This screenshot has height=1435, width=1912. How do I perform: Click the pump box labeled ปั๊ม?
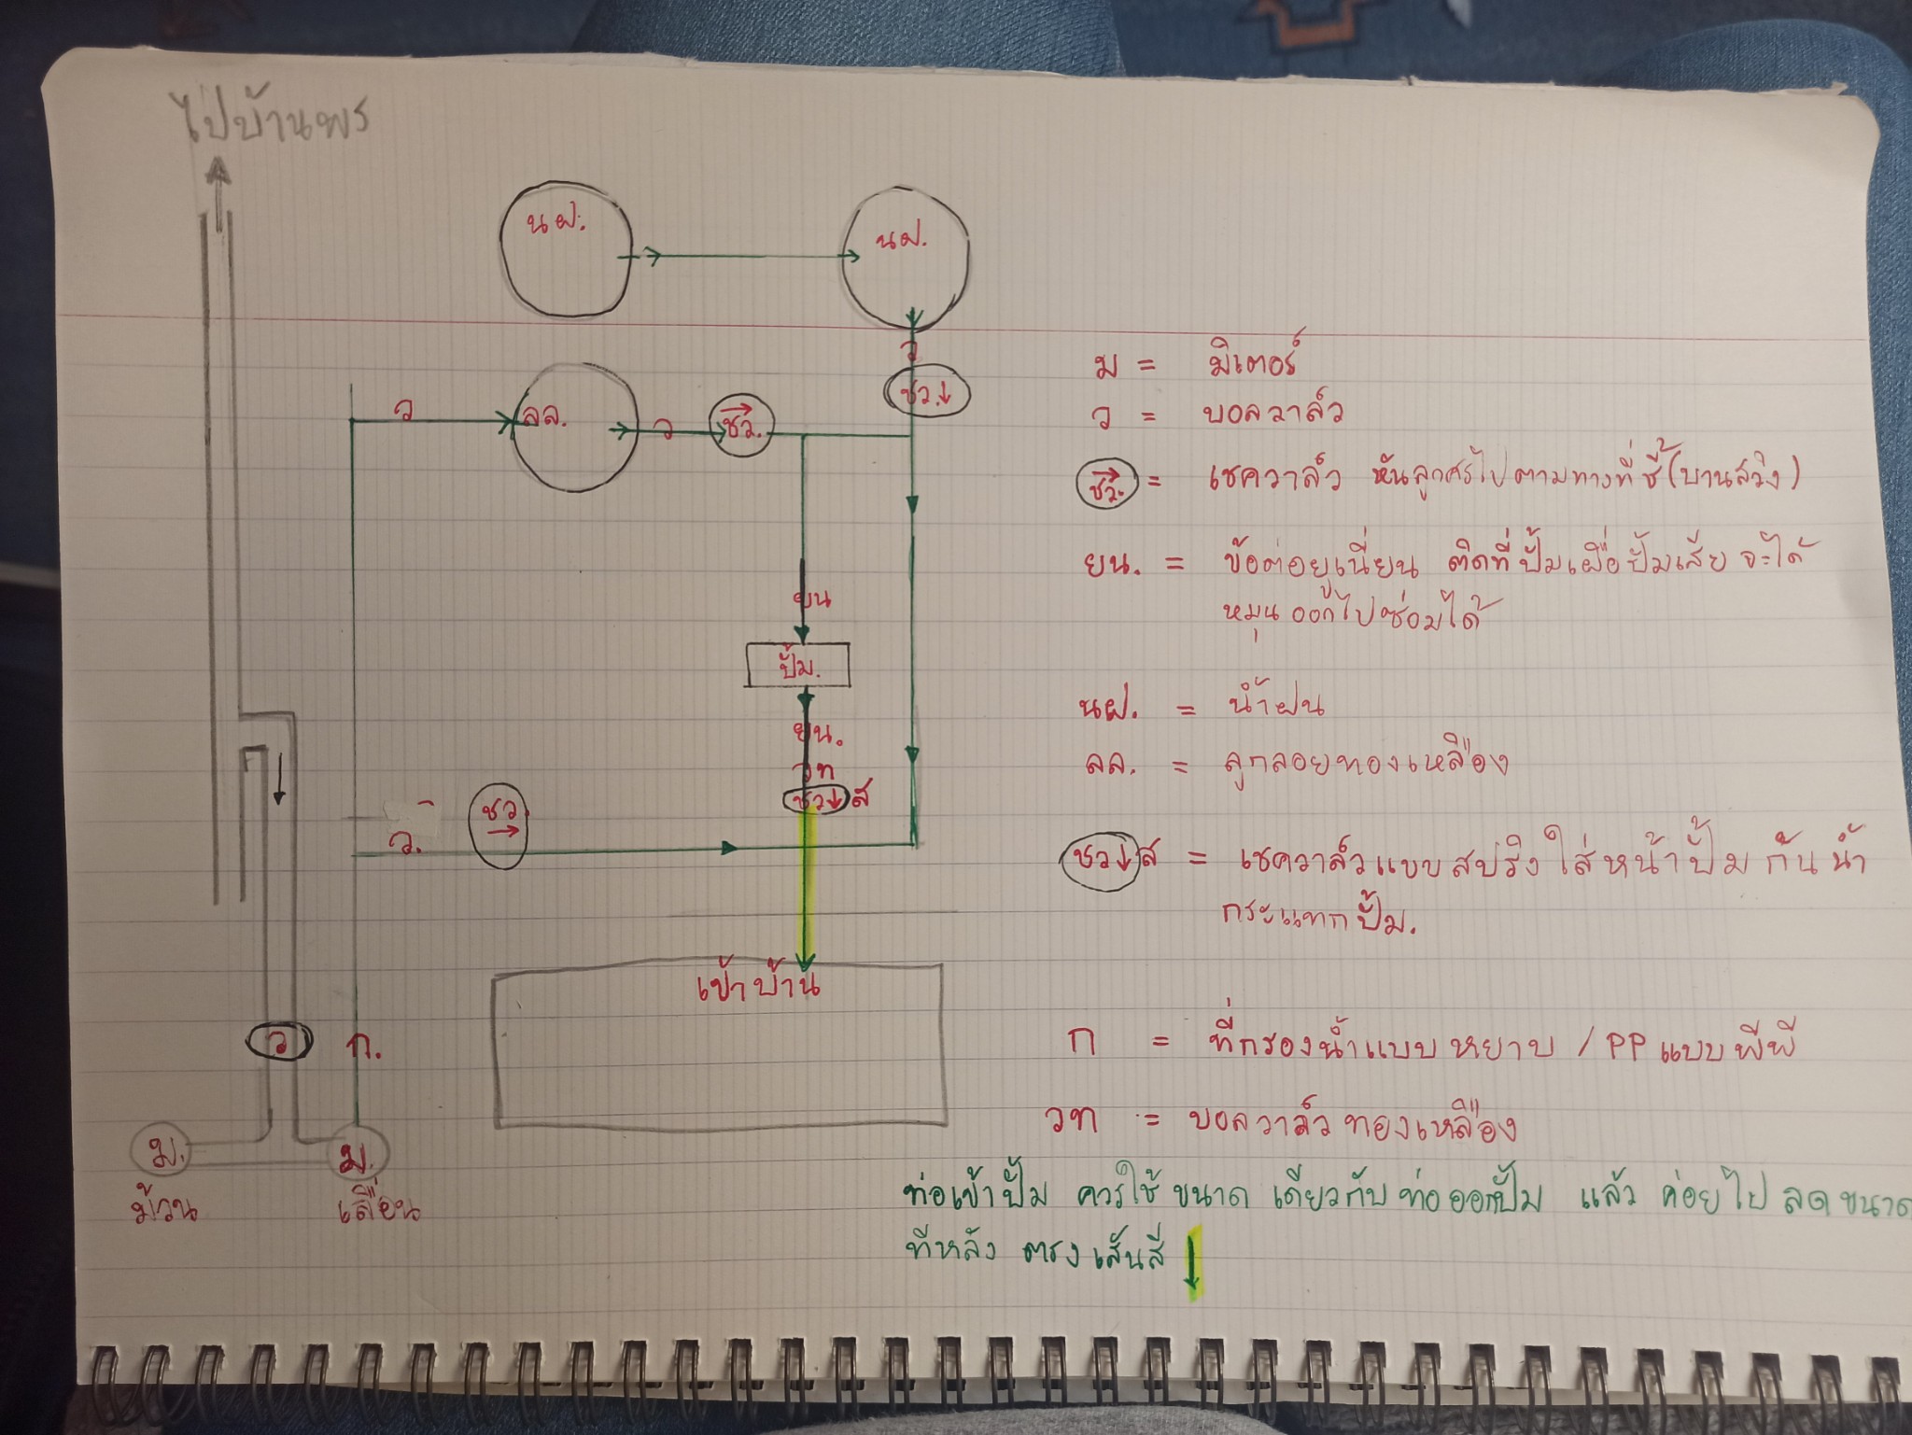(797, 665)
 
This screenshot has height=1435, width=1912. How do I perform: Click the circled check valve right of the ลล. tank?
(742, 430)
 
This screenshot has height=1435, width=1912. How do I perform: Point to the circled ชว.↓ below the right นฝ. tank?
(927, 393)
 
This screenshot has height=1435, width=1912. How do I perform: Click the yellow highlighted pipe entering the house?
(807, 887)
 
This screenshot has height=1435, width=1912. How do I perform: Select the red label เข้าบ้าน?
(759, 987)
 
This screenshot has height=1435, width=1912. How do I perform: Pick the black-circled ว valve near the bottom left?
(279, 1041)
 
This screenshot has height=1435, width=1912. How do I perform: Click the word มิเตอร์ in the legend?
(1250, 360)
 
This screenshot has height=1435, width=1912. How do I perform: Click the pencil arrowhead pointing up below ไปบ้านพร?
(218, 171)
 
